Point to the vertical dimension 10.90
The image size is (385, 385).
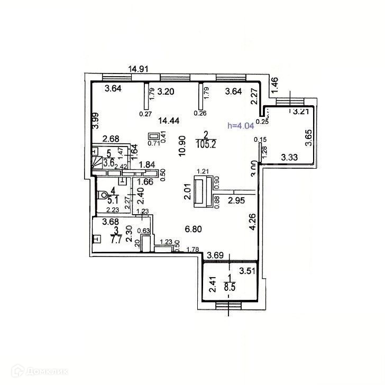click(181, 142)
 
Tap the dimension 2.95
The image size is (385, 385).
click(236, 200)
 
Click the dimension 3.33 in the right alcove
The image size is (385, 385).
click(290, 157)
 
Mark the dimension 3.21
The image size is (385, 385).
click(301, 112)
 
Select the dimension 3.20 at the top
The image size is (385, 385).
click(167, 91)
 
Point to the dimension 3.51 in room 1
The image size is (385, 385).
click(247, 273)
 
